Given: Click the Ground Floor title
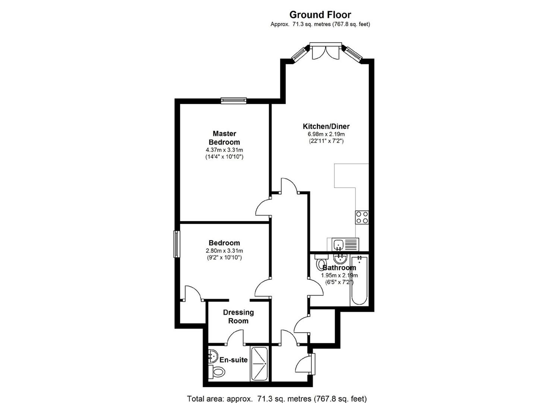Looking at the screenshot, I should tap(320, 15).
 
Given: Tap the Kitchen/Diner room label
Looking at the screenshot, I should tap(326, 126).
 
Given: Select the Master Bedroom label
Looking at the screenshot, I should tap(224, 138).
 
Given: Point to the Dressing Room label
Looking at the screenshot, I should tap(238, 316).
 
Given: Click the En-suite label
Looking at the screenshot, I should tap(233, 360).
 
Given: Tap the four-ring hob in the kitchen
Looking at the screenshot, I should tap(362, 217).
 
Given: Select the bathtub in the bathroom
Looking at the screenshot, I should tap(359, 280).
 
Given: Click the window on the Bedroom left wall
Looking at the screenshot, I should tap(177, 244).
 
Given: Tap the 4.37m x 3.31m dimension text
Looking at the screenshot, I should tap(224, 150).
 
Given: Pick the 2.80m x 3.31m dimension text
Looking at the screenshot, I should tap(224, 251).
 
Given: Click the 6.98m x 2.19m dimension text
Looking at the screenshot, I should tap(326, 134).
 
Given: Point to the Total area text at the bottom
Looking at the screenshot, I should tap(277, 399).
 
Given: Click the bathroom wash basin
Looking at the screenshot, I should tap(340, 259).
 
